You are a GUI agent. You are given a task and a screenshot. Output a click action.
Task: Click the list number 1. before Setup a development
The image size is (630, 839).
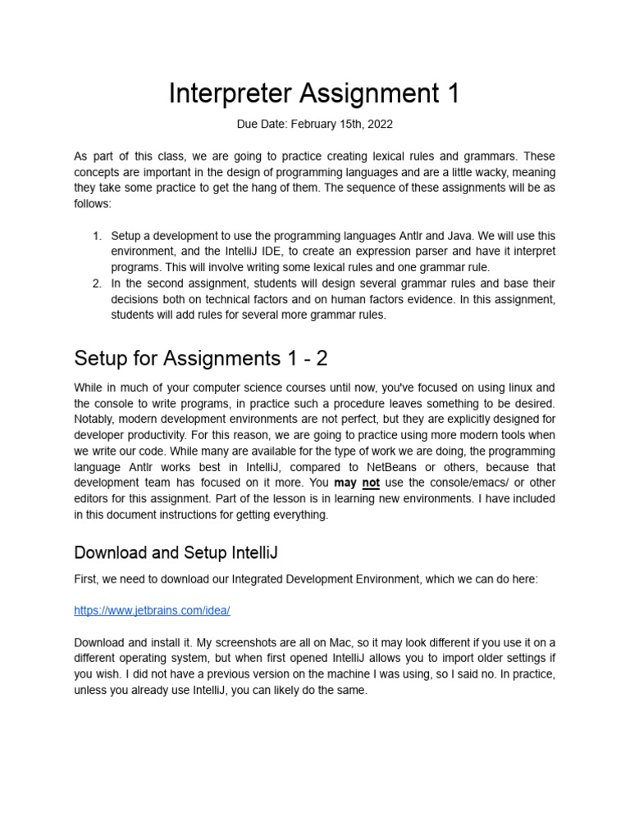(x=97, y=236)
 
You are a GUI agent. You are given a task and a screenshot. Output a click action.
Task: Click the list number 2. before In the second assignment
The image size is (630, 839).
(x=97, y=283)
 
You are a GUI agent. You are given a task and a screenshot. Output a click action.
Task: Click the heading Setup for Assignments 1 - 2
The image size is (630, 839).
(x=202, y=358)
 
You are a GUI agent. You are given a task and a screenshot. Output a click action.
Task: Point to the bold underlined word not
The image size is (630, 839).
(x=371, y=483)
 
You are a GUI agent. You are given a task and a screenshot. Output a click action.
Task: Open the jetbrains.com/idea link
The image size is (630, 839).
(x=152, y=610)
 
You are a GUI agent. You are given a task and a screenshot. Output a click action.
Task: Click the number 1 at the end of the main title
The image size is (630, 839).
(x=453, y=93)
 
